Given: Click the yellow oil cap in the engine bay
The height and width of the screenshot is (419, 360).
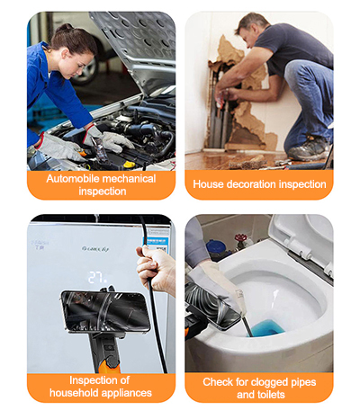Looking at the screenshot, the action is tap(129, 165).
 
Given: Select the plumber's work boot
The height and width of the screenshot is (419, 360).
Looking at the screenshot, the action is tap(310, 149).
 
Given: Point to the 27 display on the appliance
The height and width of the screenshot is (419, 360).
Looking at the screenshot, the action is tap(97, 278).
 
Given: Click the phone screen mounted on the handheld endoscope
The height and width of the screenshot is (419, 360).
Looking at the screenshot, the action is tap(105, 311).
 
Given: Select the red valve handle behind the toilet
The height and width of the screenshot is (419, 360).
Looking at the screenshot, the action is tap(240, 238).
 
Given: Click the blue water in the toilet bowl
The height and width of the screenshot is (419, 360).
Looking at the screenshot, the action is tap(265, 327).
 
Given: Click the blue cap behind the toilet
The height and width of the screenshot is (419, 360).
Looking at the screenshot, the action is tap(216, 246).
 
